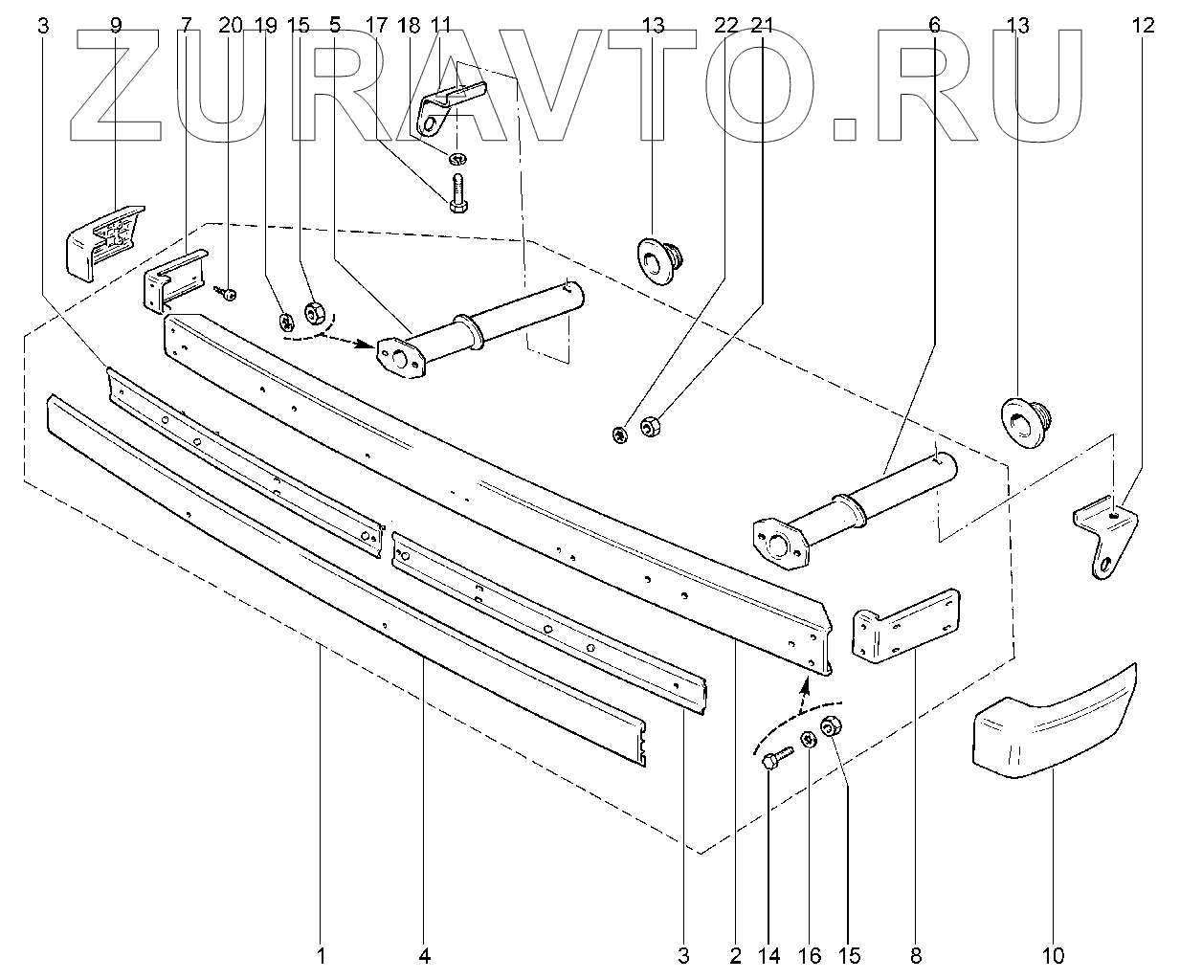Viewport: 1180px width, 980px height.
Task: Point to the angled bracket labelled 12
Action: tap(1107, 536)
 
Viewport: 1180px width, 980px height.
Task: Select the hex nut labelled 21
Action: tap(648, 428)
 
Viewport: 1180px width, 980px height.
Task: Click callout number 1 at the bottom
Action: tap(322, 954)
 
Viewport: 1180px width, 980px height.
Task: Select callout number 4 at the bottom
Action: tap(424, 954)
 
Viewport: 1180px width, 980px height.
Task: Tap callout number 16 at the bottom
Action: tap(809, 954)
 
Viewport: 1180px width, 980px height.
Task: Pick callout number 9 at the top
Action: tap(116, 26)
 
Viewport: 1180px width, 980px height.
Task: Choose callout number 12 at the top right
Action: tap(1143, 26)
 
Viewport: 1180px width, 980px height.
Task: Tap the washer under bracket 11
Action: tap(458, 156)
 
